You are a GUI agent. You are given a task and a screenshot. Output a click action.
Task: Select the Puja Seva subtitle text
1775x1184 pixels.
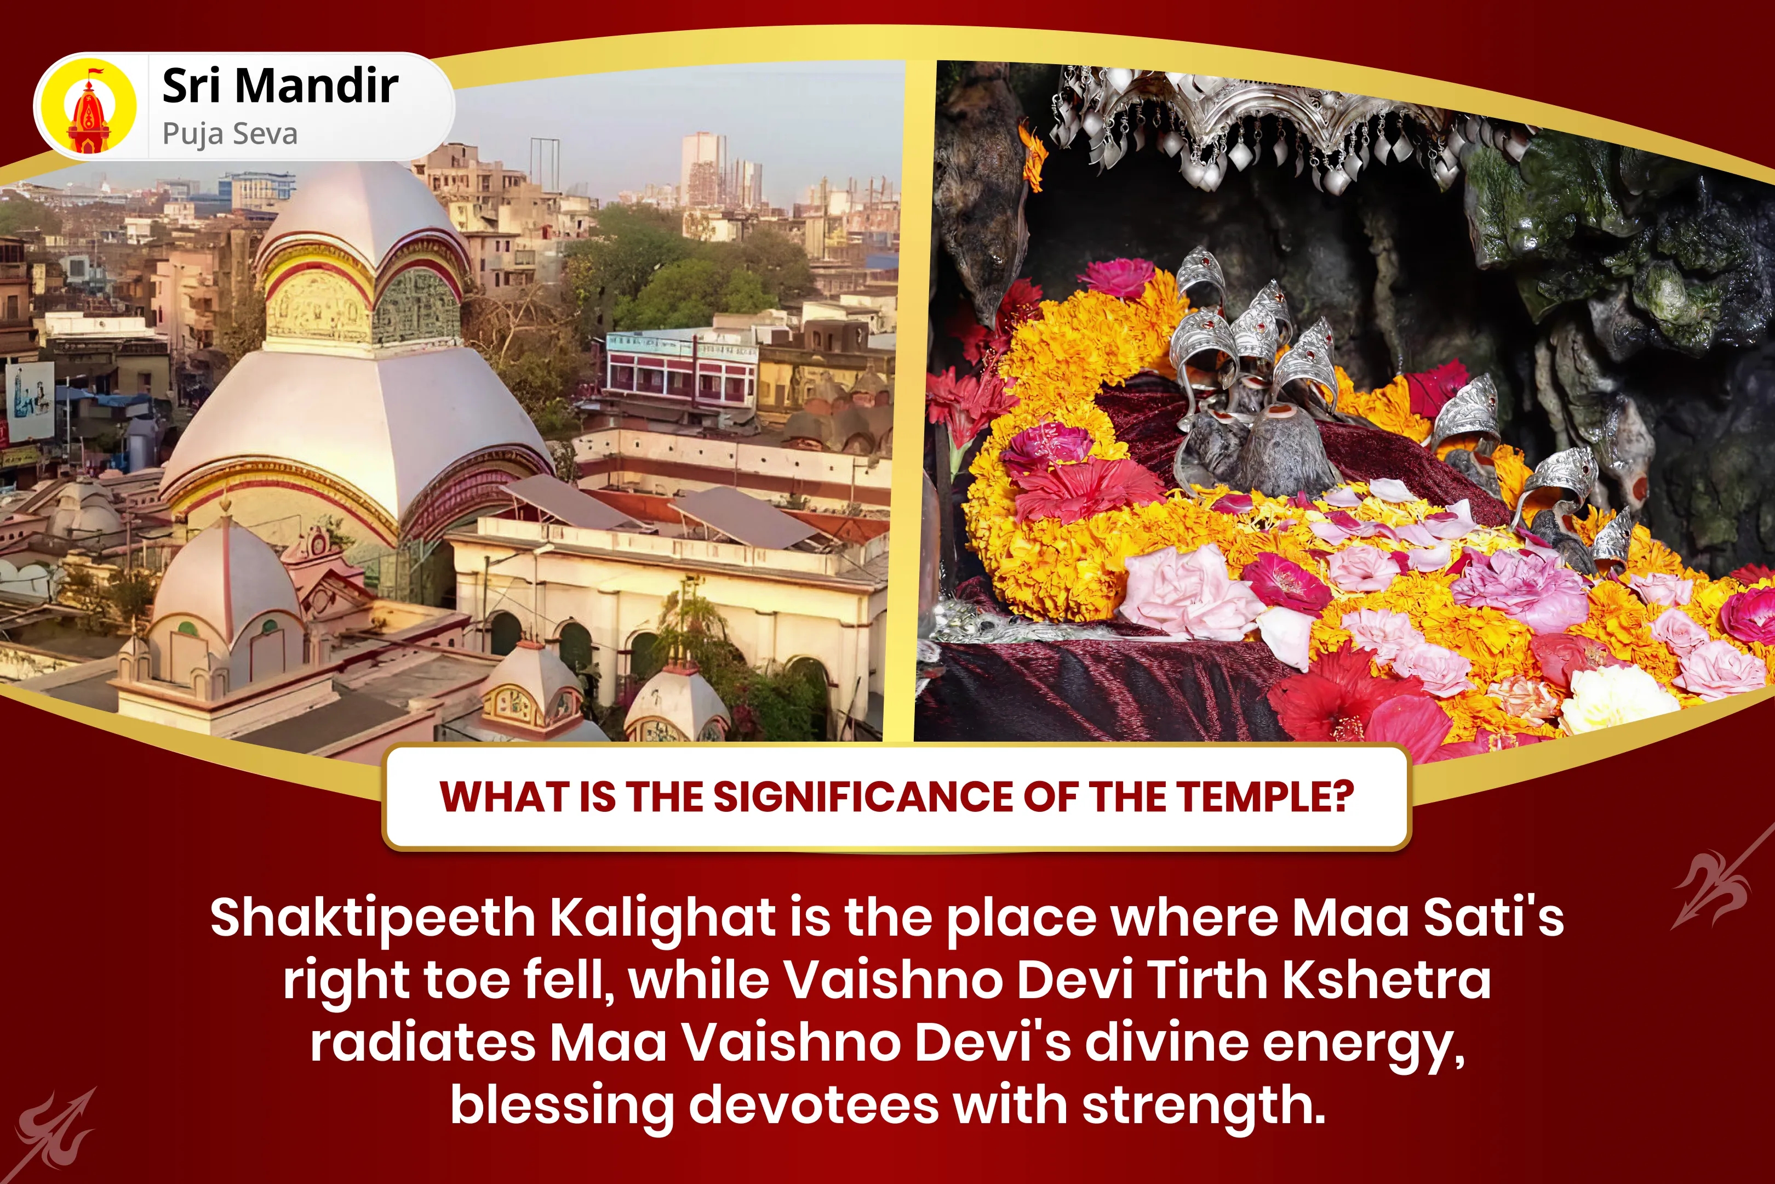pyautogui.click(x=230, y=134)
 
